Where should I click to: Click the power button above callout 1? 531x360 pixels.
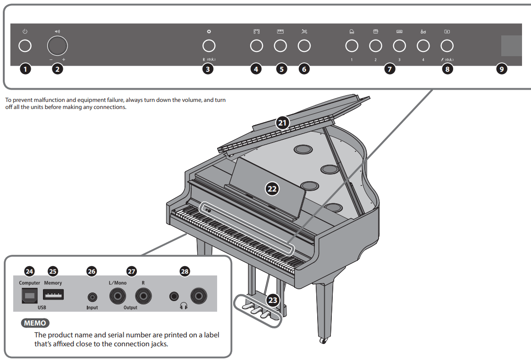tap(25, 46)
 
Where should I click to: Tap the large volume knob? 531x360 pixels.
tap(58, 46)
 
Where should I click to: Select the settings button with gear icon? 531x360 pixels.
tap(209, 46)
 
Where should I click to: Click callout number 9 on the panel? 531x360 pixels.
tap(502, 69)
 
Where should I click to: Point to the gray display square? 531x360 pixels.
tap(511, 46)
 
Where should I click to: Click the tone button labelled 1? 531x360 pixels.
tap(352, 46)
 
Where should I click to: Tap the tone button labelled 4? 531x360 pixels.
tap(423, 46)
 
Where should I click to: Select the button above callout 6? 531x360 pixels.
tap(304, 46)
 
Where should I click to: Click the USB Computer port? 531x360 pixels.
tap(30, 295)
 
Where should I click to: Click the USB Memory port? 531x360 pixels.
tap(53, 295)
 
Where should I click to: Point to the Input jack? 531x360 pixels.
tap(93, 297)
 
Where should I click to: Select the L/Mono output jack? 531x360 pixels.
tap(117, 296)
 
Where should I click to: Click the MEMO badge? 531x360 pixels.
tap(35, 324)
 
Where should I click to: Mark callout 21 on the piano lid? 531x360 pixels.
tap(282, 123)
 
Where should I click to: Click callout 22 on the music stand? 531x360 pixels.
tap(272, 189)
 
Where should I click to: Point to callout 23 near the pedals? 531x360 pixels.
tap(272, 300)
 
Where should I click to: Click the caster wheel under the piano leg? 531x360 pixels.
tap(323, 340)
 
